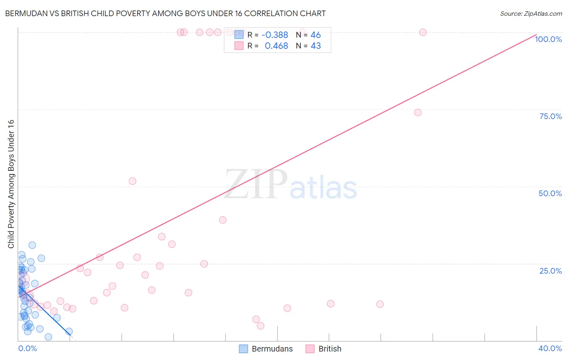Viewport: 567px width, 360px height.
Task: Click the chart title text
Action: [x=165, y=13]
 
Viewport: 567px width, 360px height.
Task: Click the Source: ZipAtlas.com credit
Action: [x=531, y=13]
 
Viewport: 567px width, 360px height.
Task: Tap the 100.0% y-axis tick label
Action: [x=548, y=39]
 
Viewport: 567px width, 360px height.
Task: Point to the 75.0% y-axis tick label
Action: [x=550, y=116]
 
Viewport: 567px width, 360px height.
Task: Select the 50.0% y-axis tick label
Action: [x=550, y=193]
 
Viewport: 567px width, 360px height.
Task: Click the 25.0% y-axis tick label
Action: [x=550, y=271]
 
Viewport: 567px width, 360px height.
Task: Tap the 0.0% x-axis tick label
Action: [x=27, y=348]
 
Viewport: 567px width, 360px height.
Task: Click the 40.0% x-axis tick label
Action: [x=550, y=348]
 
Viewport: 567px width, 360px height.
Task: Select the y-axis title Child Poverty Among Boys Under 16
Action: [x=11, y=184]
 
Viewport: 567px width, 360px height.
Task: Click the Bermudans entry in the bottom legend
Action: [x=272, y=349]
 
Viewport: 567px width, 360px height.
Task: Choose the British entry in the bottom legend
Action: [x=329, y=349]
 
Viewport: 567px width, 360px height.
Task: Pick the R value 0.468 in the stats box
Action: [x=276, y=46]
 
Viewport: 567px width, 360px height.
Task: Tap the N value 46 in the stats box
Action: [x=316, y=35]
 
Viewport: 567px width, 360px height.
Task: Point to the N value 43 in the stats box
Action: [x=316, y=46]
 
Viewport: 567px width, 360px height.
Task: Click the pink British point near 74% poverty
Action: [x=418, y=113]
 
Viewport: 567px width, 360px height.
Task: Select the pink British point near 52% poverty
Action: [x=133, y=181]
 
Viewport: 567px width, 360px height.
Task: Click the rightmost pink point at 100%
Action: [x=423, y=32]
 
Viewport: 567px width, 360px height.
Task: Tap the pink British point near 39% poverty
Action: [x=223, y=220]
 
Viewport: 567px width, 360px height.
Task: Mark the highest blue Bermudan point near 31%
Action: [x=32, y=245]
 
